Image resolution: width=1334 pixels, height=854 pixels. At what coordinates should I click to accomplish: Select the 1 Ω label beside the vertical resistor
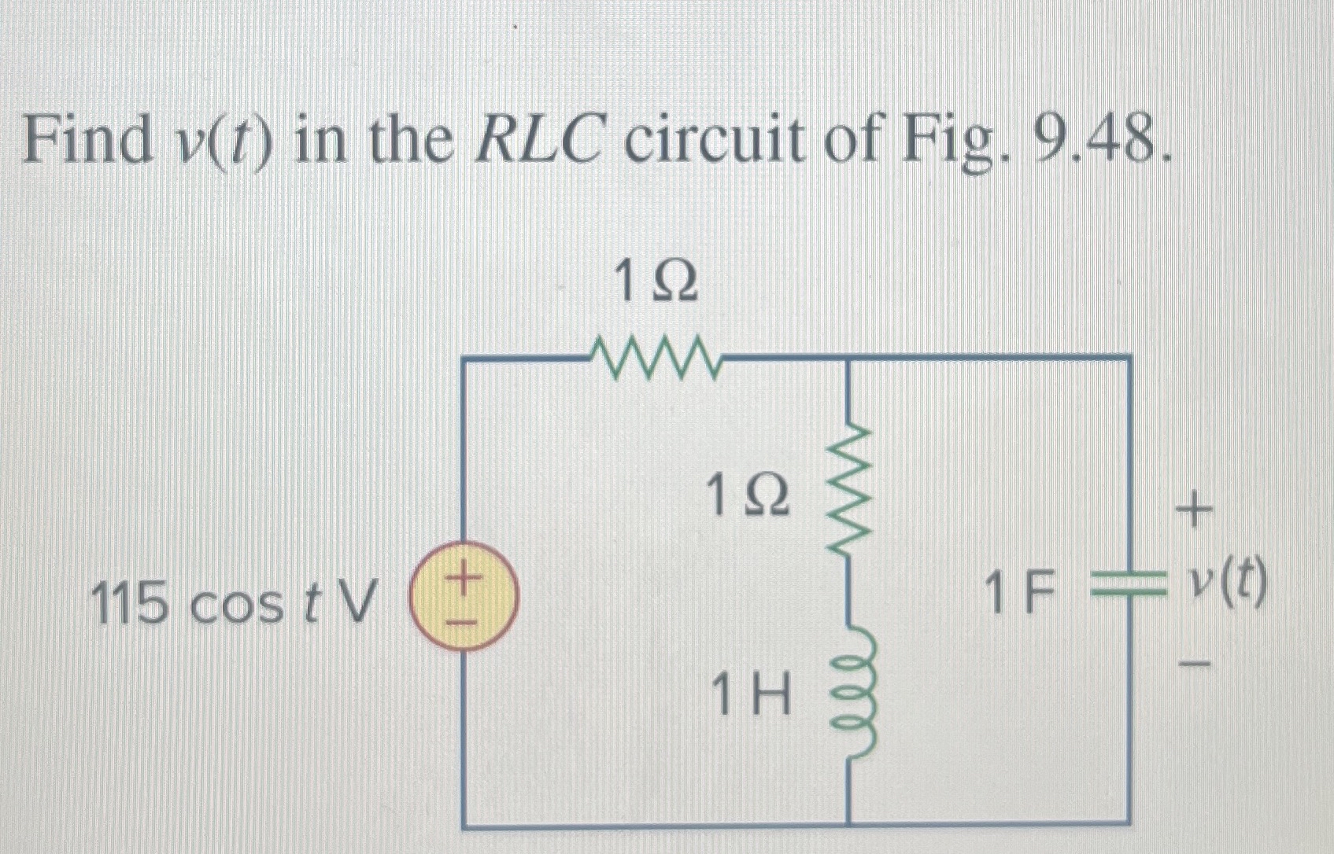coord(747,497)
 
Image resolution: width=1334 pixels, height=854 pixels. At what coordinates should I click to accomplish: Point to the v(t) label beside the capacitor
coord(1229,584)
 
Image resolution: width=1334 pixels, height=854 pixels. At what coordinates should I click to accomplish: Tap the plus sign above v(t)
coord(1194,512)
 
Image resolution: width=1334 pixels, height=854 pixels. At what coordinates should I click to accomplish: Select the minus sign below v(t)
coord(1195,665)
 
